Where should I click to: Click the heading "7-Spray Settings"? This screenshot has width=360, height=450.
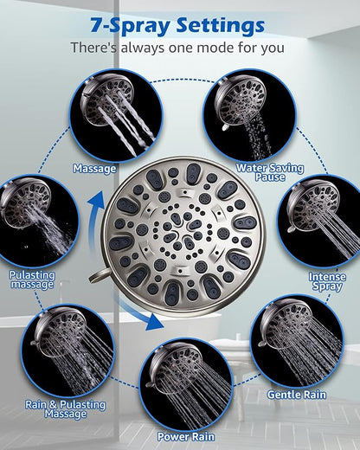click(x=177, y=26)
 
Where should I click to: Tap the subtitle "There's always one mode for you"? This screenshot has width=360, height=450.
click(x=177, y=48)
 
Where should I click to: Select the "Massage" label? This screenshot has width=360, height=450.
click(x=94, y=169)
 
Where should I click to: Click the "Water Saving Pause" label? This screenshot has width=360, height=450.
click(x=270, y=172)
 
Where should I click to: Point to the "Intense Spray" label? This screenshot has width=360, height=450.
click(x=327, y=281)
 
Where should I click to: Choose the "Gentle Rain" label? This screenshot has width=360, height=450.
click(x=297, y=395)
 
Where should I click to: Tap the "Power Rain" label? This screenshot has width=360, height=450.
click(x=186, y=436)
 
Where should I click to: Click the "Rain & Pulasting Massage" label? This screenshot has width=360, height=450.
click(x=65, y=409)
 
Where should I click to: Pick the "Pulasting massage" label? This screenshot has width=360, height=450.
click(x=32, y=280)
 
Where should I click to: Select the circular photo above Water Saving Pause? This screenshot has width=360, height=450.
click(x=250, y=115)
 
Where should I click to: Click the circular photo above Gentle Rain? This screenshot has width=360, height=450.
click(x=297, y=341)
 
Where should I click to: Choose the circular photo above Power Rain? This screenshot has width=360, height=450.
click(x=186, y=384)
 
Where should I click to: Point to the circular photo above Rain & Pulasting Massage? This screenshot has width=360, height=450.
click(x=67, y=351)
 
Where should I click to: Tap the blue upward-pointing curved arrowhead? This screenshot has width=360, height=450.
click(x=96, y=200)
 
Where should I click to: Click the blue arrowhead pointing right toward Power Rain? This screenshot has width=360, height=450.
click(x=155, y=322)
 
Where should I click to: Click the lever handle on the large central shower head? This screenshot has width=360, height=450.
click(x=99, y=275)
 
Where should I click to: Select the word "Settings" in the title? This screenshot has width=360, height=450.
click(x=221, y=26)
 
